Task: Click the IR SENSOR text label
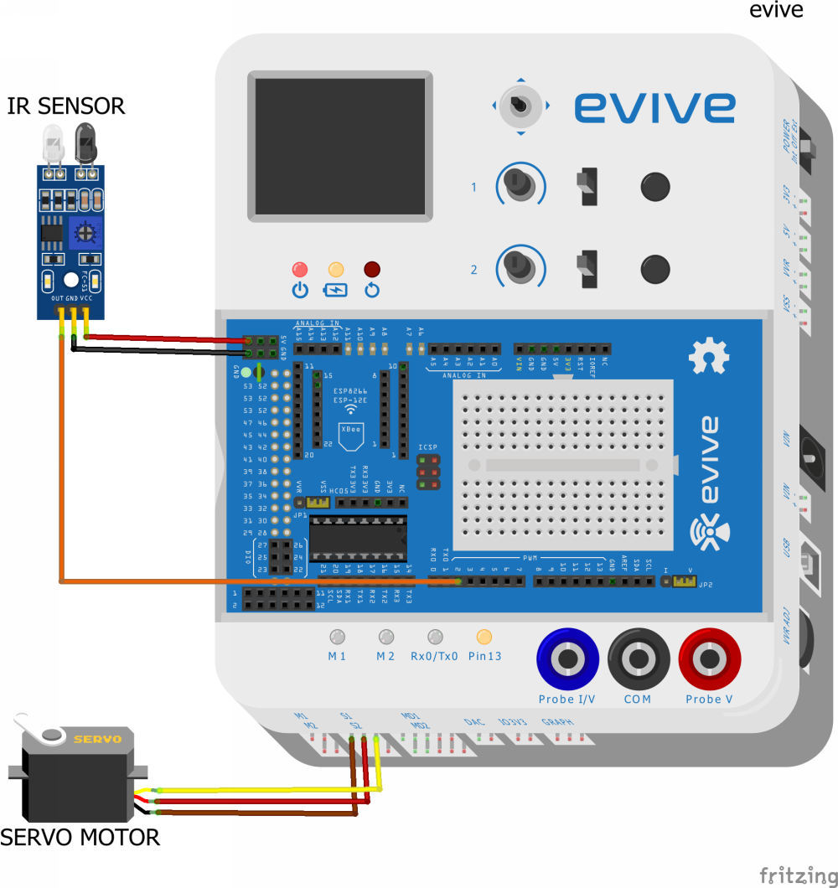click(x=66, y=106)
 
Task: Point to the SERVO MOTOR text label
click(x=80, y=836)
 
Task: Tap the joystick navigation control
click(x=520, y=106)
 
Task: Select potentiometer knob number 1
click(x=520, y=184)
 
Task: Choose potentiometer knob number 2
click(x=520, y=267)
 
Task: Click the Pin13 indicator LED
click(x=484, y=637)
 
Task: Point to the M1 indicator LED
click(x=337, y=637)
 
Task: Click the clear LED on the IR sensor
click(x=53, y=142)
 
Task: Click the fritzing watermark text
click(x=796, y=875)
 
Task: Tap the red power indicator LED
click(x=299, y=270)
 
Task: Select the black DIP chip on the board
click(x=358, y=539)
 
